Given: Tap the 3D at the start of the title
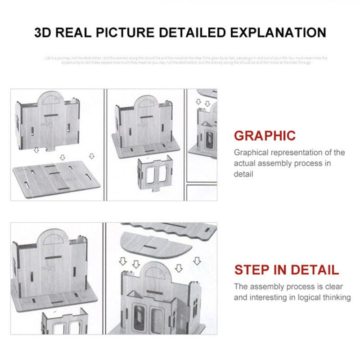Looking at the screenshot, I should coord(45,33).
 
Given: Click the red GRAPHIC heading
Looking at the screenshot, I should coord(265,135).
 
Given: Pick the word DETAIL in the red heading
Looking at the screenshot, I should coord(315,270).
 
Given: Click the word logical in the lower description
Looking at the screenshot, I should coord(307,297).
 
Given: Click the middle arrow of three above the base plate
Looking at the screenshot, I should coord(62,157).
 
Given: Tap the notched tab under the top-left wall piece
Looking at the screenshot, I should coord(52,148).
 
